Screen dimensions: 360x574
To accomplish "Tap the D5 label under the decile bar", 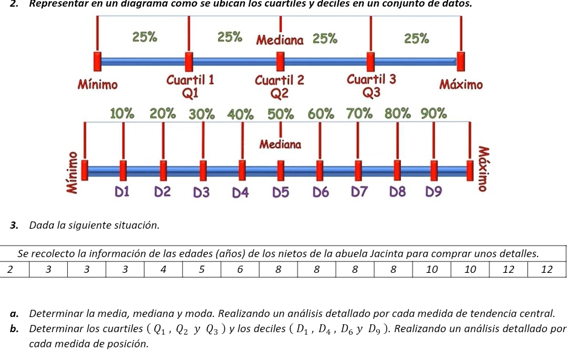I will (x=281, y=192).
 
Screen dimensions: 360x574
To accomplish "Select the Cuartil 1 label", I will (x=190, y=80).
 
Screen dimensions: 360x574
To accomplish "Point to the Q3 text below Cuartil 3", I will (x=372, y=92).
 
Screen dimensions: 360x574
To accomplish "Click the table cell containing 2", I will (x=9, y=269).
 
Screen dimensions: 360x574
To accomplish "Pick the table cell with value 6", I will (x=240, y=269).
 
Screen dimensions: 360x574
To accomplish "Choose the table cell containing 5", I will (x=201, y=269).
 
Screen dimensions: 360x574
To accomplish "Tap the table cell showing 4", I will (x=163, y=269).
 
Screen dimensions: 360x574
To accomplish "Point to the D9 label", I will (x=434, y=192).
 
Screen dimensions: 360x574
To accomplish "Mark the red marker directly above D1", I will (x=123, y=171).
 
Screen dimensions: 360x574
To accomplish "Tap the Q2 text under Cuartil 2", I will (x=279, y=93).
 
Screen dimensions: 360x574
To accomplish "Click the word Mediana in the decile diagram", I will (x=280, y=145).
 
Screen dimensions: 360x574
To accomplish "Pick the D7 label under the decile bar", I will (x=359, y=192).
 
